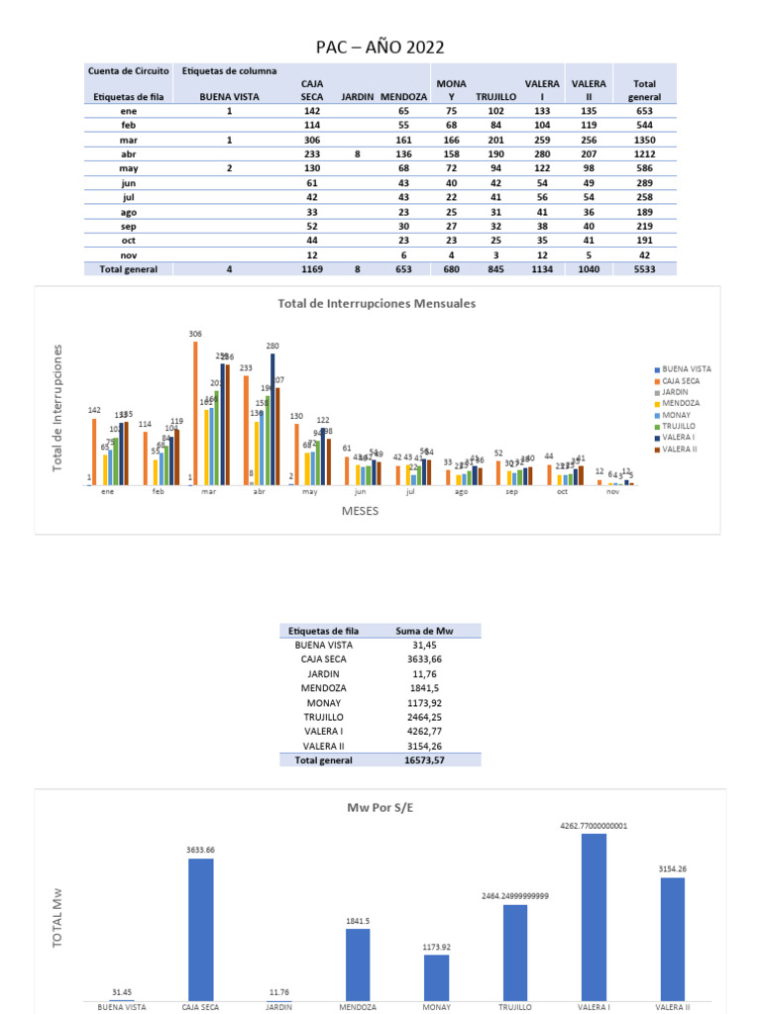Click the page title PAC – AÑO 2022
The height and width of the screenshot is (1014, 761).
(x=380, y=48)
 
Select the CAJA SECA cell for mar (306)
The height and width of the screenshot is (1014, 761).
(x=312, y=141)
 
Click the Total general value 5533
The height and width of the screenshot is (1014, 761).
(x=644, y=268)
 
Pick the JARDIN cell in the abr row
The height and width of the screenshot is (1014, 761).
(x=357, y=154)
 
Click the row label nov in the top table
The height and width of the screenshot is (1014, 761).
(x=129, y=254)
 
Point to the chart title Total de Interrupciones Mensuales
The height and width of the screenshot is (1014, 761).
(x=377, y=304)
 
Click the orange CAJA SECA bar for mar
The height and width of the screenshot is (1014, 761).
(x=195, y=414)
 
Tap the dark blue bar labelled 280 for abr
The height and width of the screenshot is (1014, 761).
(x=272, y=419)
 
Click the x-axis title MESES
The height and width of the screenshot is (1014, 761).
(x=360, y=511)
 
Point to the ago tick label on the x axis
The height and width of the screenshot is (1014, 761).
(x=461, y=491)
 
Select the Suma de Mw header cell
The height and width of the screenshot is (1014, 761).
(x=423, y=631)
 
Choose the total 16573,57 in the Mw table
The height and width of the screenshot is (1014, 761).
(x=423, y=760)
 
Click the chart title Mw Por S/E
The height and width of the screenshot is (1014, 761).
(x=380, y=807)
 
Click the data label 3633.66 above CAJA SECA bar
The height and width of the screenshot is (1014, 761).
(x=200, y=850)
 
